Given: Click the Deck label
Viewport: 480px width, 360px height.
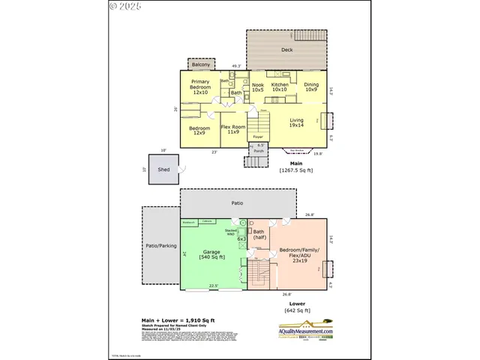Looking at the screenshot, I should (x=286, y=50).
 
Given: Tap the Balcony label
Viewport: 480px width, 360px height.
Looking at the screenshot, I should (x=200, y=64).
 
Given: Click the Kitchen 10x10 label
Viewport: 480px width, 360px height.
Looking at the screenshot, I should (x=280, y=88).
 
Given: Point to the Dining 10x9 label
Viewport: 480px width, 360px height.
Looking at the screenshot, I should (x=311, y=88).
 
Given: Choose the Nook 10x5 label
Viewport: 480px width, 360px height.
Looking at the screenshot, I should (x=258, y=88).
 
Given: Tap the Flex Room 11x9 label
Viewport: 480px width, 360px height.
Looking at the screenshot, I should (x=233, y=130).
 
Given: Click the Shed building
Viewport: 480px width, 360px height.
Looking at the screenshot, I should (x=164, y=169).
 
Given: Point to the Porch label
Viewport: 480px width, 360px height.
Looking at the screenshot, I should (x=259, y=151).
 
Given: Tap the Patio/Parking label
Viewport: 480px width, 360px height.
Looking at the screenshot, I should (x=160, y=246).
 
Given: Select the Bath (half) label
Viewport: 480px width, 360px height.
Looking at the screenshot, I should (x=259, y=235).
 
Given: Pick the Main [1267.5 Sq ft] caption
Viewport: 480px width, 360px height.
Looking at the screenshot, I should (x=296, y=166).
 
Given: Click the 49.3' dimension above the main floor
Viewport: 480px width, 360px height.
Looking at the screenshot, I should (x=236, y=66).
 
